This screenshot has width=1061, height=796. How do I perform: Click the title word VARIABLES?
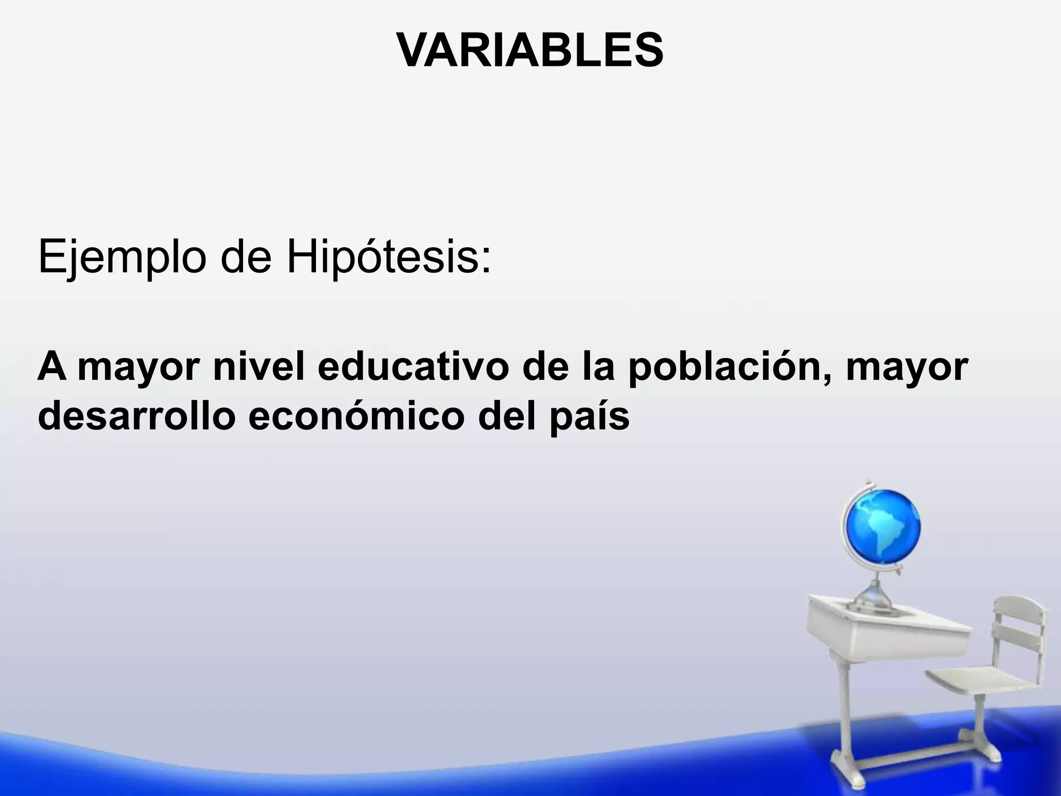(x=529, y=50)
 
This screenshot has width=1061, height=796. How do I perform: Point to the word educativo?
(x=413, y=367)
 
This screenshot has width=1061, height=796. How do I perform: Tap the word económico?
(x=356, y=416)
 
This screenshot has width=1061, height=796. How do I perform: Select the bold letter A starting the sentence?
(x=52, y=366)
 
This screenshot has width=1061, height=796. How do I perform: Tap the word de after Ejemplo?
(x=246, y=258)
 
